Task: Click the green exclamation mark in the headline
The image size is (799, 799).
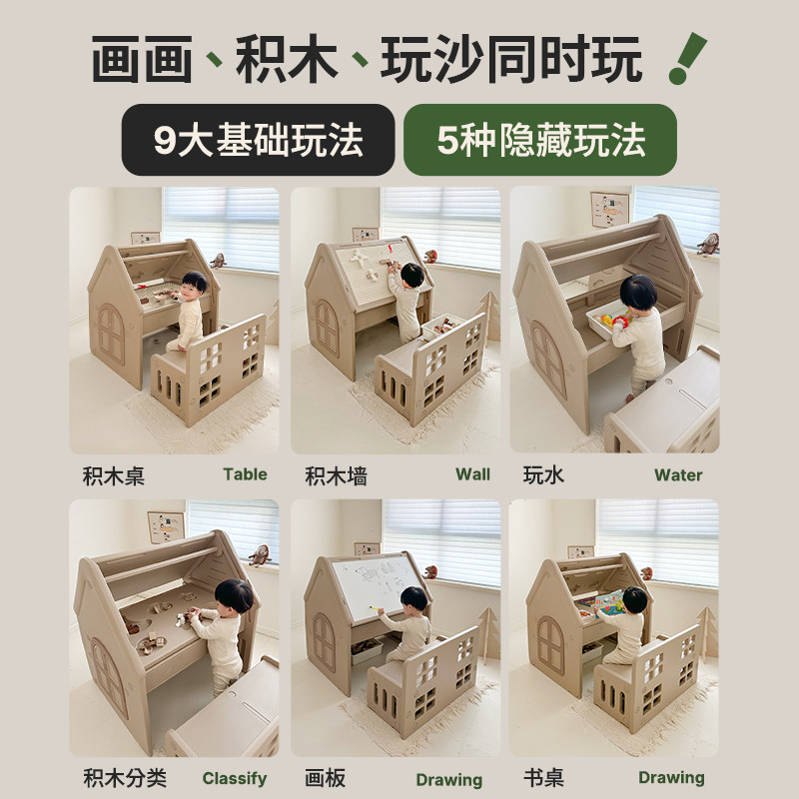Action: pos(687,58)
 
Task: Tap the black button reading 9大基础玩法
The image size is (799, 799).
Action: pos(258,140)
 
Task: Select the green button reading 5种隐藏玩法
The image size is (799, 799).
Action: pos(539,140)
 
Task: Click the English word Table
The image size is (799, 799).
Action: pos(245,474)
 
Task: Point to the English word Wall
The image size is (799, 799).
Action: pos(472,474)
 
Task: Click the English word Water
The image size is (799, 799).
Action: pos(678,475)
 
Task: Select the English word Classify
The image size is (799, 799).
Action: pos(235,778)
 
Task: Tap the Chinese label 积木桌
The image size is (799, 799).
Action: pos(115,475)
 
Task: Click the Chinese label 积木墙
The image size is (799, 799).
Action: pos(336,475)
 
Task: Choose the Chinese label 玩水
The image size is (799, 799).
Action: pos(543,475)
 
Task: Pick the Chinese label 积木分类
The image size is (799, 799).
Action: pos(125,778)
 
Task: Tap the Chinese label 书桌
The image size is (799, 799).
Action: pos(543,778)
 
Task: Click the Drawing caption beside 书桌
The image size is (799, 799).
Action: pos(671,778)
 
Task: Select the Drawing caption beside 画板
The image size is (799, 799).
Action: pos(448,779)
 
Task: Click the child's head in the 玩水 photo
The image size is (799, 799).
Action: pos(636,294)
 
